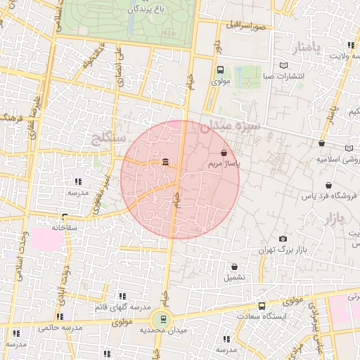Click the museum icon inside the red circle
tap(165, 163)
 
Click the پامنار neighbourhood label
tap(307, 48)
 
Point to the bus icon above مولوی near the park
tap(220, 70)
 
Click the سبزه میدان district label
tap(230, 127)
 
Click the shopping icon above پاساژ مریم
tap(224, 153)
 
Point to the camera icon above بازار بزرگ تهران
tap(283, 239)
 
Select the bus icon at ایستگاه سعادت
tap(262, 307)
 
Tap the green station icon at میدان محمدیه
tap(163, 319)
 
